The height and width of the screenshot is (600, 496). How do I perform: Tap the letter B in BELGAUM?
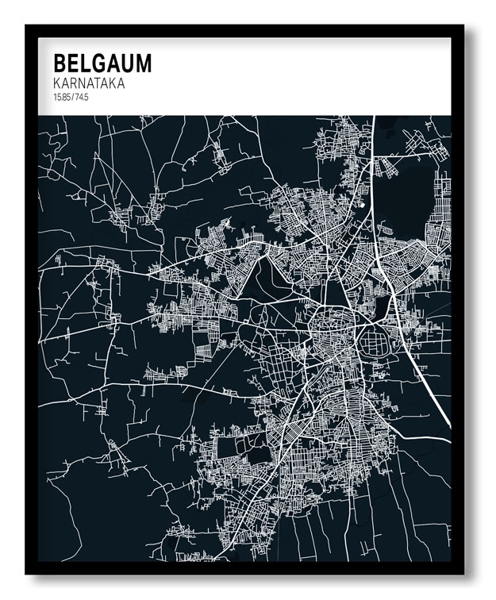point(60,63)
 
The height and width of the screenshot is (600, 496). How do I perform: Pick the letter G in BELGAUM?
point(97,63)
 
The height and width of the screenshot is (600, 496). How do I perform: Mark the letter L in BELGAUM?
point(84,63)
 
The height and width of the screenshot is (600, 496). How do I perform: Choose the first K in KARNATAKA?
point(56,83)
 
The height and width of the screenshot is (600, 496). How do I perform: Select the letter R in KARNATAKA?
point(75,83)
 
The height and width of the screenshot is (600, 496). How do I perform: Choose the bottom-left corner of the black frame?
point(27,573)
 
